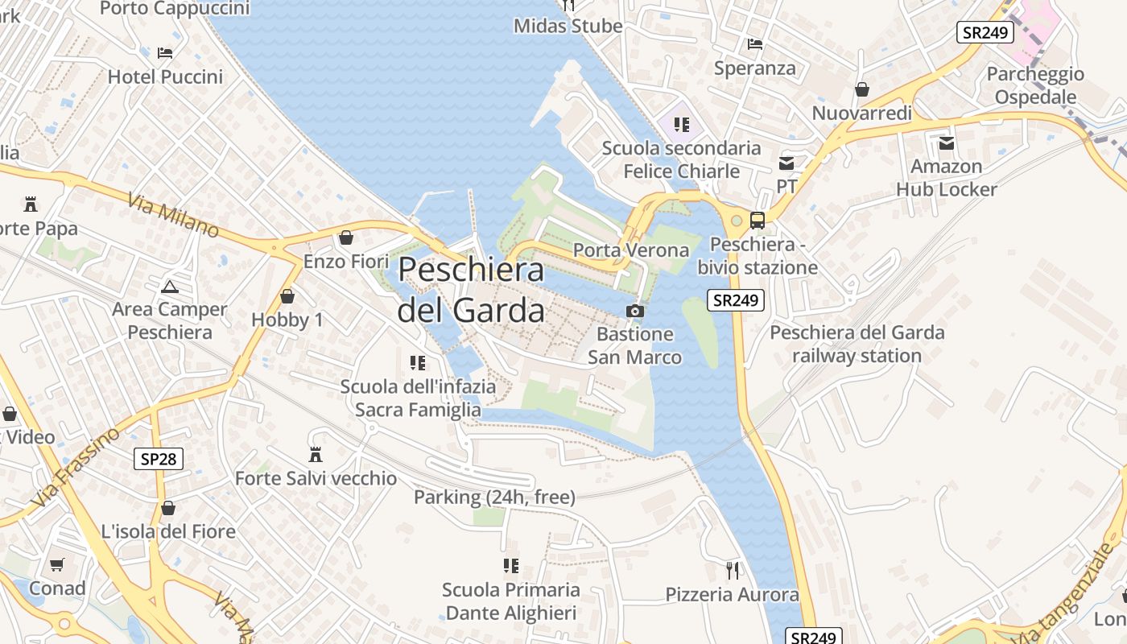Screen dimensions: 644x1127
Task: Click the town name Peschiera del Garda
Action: pyautogui.click(x=471, y=289)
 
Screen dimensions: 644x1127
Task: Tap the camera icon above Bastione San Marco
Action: pyautogui.click(x=635, y=311)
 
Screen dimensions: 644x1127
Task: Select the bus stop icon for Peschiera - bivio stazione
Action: pyautogui.click(x=757, y=220)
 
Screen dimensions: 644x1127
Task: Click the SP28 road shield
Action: pyautogui.click(x=159, y=459)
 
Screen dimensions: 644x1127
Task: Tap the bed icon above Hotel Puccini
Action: pyautogui.click(x=165, y=53)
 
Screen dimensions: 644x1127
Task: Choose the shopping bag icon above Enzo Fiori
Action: pyautogui.click(x=346, y=237)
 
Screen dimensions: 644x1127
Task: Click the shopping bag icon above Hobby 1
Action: pyautogui.click(x=287, y=296)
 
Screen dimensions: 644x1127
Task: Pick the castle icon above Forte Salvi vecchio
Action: pyautogui.click(x=316, y=455)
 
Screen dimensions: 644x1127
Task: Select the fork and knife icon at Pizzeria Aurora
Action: pyautogui.click(x=732, y=571)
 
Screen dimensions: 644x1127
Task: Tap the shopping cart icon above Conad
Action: pyautogui.click(x=56, y=564)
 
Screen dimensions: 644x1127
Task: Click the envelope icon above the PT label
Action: pyautogui.click(x=786, y=163)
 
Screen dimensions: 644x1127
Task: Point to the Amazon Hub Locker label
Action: pyautogui.click(x=947, y=178)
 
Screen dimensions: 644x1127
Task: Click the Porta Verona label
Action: pyautogui.click(x=631, y=250)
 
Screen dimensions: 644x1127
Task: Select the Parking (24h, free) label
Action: pyautogui.click(x=494, y=497)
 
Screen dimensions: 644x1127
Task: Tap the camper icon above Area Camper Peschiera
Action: pyautogui.click(x=170, y=286)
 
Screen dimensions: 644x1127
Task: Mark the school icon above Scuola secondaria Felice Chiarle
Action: pyautogui.click(x=682, y=124)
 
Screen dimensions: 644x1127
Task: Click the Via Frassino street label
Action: pyautogui.click(x=77, y=468)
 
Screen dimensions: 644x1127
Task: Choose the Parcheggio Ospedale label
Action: pyautogui.click(x=1035, y=85)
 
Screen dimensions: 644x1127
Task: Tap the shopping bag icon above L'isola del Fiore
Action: pyautogui.click(x=168, y=508)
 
